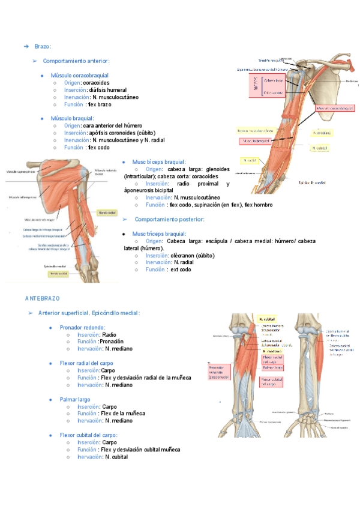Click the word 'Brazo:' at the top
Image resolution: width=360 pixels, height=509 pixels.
[43, 46]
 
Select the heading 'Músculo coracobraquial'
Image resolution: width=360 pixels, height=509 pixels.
[84, 75]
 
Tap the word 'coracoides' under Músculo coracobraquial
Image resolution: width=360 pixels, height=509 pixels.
[96, 82]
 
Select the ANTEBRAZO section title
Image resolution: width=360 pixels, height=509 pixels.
[41, 298]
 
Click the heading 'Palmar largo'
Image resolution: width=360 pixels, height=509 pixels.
[75, 399]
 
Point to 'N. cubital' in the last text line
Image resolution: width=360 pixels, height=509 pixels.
[116, 457]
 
